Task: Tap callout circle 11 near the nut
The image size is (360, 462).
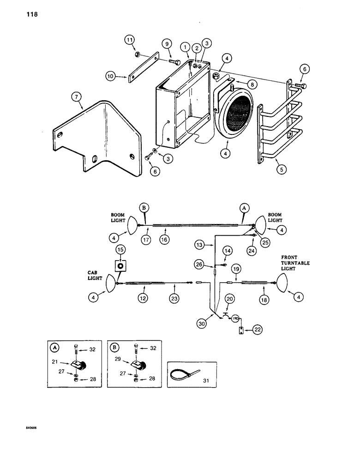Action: pos(130,40)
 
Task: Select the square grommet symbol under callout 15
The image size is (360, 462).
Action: pos(121,267)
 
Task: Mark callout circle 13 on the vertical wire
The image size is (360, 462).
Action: pos(199,243)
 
